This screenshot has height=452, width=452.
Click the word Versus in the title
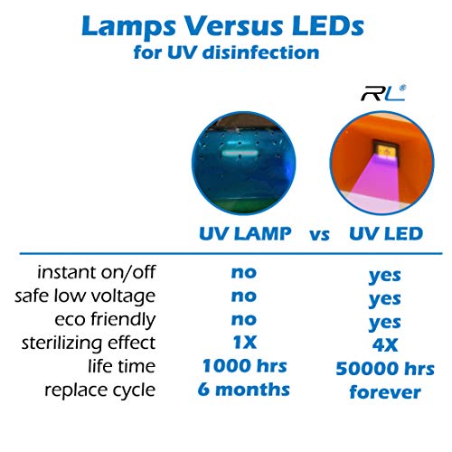pyautogui.click(x=233, y=26)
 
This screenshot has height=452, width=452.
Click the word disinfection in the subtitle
pyautogui.click(x=261, y=52)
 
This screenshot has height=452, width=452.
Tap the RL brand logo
pyautogui.click(x=383, y=93)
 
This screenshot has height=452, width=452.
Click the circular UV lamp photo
pyautogui.click(x=244, y=163)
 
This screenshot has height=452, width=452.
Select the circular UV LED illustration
pyautogui.click(x=382, y=163)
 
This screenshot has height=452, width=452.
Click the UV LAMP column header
pyautogui.click(x=245, y=233)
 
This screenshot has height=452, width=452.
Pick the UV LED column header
pyautogui.click(x=386, y=233)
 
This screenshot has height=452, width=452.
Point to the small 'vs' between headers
pyautogui.click(x=319, y=235)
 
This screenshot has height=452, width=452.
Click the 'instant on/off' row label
pyautogui.click(x=97, y=272)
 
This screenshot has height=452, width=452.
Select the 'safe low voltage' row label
pyautogui.click(x=85, y=296)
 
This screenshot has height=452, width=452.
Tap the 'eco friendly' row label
pyautogui.click(x=105, y=319)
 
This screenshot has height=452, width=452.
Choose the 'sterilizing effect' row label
pyautogui.click(x=89, y=343)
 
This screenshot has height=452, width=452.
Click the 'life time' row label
pyautogui.click(x=122, y=366)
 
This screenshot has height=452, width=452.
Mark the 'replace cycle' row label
pyautogui.click(x=100, y=390)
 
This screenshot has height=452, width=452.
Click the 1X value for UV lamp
pyautogui.click(x=245, y=343)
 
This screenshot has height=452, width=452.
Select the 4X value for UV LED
pyautogui.click(x=385, y=345)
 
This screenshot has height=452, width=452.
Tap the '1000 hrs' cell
pyautogui.click(x=244, y=366)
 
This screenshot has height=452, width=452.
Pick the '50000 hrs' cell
pyautogui.click(x=385, y=369)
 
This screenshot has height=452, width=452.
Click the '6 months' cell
pyautogui.click(x=244, y=390)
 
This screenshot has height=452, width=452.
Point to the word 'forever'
pyautogui.click(x=385, y=392)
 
